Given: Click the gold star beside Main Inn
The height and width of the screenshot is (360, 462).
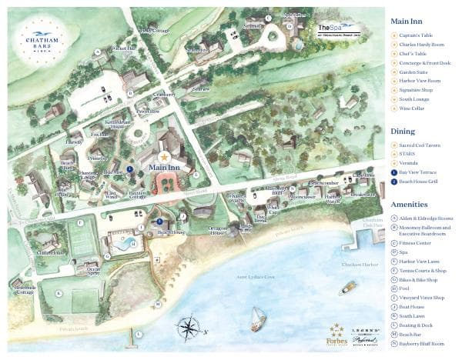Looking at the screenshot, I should point(163,156).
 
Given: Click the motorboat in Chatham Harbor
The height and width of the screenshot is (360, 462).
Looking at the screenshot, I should point(348,288).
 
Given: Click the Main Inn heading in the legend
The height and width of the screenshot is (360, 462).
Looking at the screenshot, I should point(408,22).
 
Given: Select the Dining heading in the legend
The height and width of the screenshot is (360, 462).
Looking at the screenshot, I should point(403,131).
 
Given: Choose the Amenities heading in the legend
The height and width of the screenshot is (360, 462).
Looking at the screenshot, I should point(410,204).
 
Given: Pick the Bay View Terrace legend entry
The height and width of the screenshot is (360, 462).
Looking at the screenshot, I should point(420,172).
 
